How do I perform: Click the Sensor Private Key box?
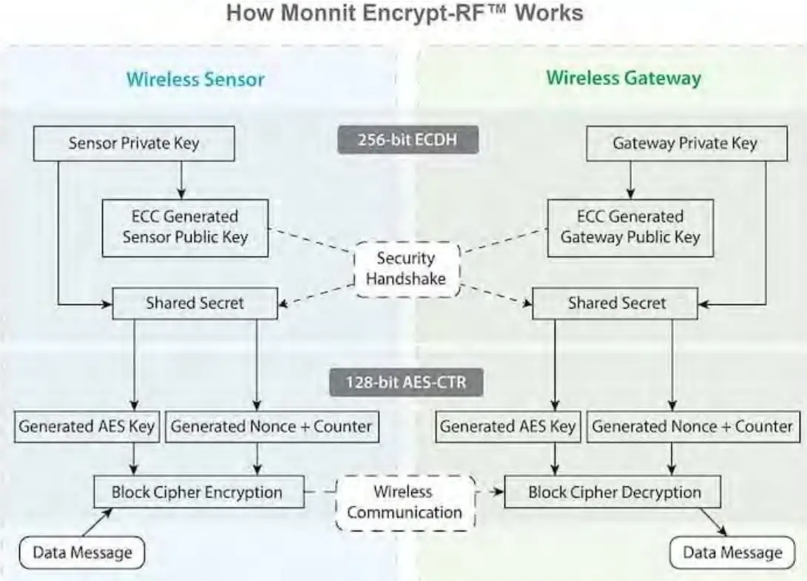pyautogui.click(x=134, y=144)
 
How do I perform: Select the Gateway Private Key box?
pyautogui.click(x=686, y=144)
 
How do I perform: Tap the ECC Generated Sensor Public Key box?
pyautogui.click(x=185, y=227)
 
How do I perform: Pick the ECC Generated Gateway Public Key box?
pyautogui.click(x=630, y=227)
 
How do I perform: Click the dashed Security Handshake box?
pyautogui.click(x=406, y=269)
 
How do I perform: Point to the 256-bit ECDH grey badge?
pyautogui.click(x=408, y=141)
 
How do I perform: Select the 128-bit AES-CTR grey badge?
pyautogui.click(x=408, y=383)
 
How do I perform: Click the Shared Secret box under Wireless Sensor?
pyautogui.click(x=195, y=303)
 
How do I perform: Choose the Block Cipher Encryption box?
pyautogui.click(x=197, y=492)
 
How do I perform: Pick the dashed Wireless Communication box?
pyautogui.click(x=405, y=503)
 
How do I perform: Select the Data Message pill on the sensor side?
pyautogui.click(x=81, y=552)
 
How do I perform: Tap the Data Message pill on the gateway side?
pyautogui.click(x=732, y=553)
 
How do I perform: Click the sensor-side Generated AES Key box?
pyautogui.click(x=87, y=427)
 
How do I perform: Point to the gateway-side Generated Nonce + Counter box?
pyautogui.click(x=692, y=427)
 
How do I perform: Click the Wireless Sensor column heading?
pyautogui.click(x=195, y=79)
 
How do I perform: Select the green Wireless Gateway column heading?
pyautogui.click(x=624, y=78)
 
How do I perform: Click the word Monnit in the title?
pyautogui.click(x=313, y=13)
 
